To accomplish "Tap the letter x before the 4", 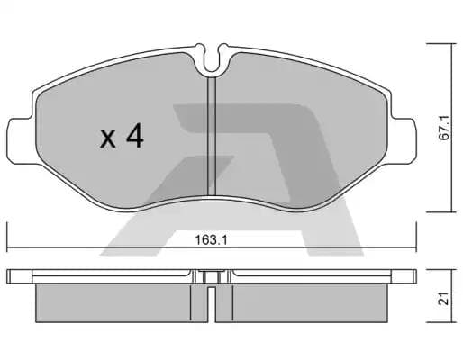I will pos(108,139).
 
